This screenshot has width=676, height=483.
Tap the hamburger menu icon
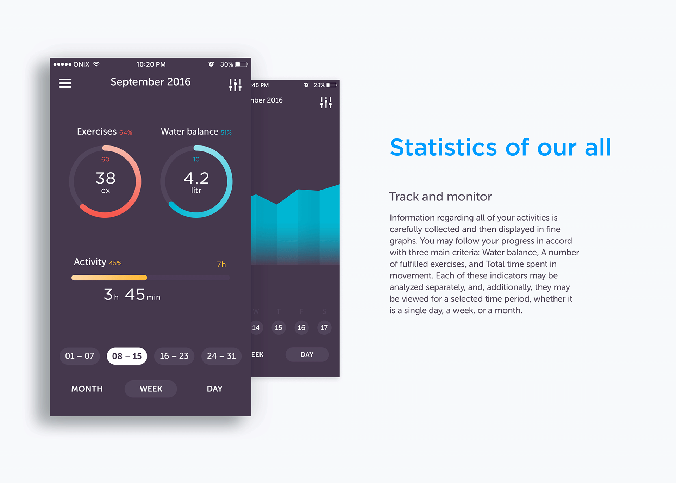tap(65, 83)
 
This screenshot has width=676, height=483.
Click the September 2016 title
tap(150, 82)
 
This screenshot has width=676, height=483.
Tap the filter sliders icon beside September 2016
tap(235, 85)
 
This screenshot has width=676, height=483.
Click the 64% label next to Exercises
tap(126, 132)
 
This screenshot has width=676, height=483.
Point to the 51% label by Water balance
tap(226, 132)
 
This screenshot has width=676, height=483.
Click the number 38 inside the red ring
tap(106, 178)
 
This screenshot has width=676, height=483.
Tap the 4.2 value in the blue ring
tap(196, 178)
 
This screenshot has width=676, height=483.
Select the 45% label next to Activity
tap(115, 263)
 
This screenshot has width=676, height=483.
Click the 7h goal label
tap(221, 264)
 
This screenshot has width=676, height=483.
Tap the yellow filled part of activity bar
tap(109, 278)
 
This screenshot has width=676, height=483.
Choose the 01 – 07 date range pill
tap(80, 356)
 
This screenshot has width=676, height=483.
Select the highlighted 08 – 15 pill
tap(127, 356)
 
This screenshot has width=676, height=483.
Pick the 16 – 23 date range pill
tap(174, 356)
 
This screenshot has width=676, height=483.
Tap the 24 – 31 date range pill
tap(221, 356)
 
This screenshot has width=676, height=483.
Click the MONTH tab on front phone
tap(87, 389)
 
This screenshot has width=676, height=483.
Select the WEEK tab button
tap(151, 389)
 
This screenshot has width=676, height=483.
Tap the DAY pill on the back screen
tap(307, 354)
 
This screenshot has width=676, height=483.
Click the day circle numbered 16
tap(301, 328)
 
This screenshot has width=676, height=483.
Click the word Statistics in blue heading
tap(443, 147)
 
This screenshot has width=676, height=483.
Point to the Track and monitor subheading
tap(440, 197)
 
